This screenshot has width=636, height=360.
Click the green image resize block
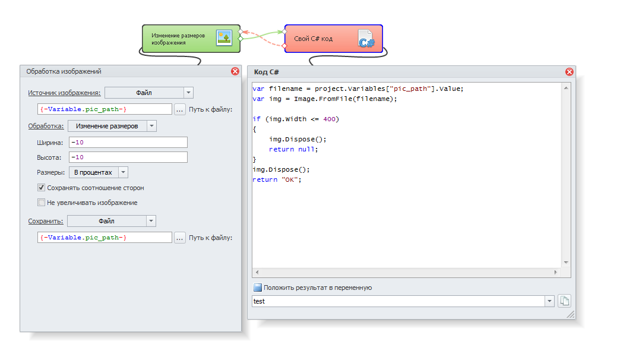pyautogui.click(x=191, y=39)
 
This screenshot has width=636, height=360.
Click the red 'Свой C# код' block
pyautogui.click(x=333, y=39)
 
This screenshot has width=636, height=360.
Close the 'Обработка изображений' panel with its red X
pyautogui.click(x=235, y=71)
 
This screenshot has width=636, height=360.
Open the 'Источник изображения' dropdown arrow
pyautogui.click(x=189, y=93)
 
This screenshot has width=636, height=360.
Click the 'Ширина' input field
pyautogui.click(x=128, y=143)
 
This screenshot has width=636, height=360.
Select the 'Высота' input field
pyautogui.click(x=128, y=157)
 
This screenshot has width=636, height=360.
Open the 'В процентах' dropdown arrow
pyautogui.click(x=124, y=172)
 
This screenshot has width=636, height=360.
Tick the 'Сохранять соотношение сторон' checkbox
pyautogui.click(x=41, y=188)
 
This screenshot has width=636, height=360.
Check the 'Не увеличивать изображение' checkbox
pyautogui.click(x=41, y=202)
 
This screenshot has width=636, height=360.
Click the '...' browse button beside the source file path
pyautogui.click(x=180, y=109)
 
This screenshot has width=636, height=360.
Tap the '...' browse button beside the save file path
pyautogui.click(x=180, y=238)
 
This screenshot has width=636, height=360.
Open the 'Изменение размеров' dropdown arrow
pyautogui.click(x=151, y=126)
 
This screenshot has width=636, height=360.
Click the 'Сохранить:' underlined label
pyautogui.click(x=45, y=221)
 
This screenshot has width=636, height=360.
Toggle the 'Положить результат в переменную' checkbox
pyautogui.click(x=258, y=288)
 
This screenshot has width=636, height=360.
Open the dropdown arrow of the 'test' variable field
pyautogui.click(x=550, y=301)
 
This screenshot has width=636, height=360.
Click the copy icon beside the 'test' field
pyautogui.click(x=565, y=301)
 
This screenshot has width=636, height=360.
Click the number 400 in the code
pyautogui.click(x=330, y=119)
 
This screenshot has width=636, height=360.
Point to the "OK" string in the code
pyautogui.click(x=290, y=179)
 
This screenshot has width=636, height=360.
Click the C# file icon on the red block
pyautogui.click(x=366, y=39)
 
